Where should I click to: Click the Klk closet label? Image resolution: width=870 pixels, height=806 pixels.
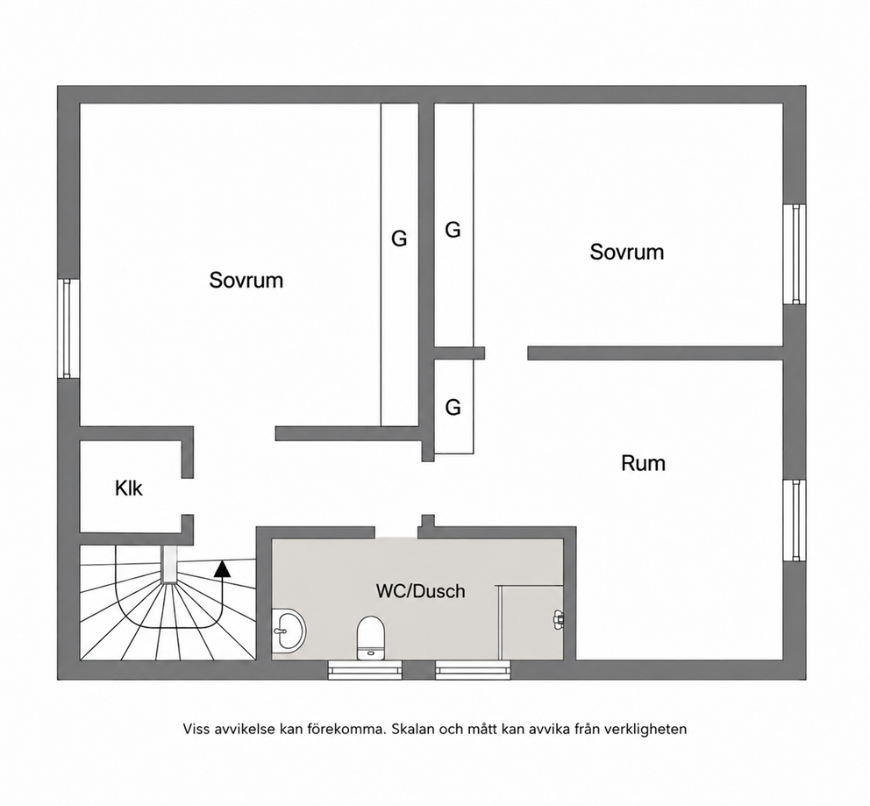click(129, 489)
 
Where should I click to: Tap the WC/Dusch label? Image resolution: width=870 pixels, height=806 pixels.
click(421, 591)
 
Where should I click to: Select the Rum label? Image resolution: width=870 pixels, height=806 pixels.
click(643, 463)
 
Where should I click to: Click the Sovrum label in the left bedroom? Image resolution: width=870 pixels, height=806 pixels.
click(246, 280)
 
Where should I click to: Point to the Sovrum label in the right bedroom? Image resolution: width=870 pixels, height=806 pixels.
click(626, 252)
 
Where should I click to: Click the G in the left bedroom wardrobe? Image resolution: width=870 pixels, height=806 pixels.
click(399, 239)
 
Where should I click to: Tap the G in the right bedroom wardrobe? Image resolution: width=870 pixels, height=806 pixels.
click(453, 230)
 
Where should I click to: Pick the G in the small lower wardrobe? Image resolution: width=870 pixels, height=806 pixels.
click(453, 408)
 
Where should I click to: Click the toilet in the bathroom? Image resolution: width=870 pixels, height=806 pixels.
click(370, 638)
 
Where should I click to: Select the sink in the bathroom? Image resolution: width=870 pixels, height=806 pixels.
click(289, 631)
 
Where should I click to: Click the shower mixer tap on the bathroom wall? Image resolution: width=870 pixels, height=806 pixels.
click(558, 618)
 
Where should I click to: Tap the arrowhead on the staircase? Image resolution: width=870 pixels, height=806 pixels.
click(223, 568)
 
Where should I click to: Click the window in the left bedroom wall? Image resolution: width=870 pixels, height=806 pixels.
click(68, 328)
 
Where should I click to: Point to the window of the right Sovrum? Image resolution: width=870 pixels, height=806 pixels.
click(795, 254)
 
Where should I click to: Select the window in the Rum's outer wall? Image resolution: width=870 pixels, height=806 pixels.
click(795, 520)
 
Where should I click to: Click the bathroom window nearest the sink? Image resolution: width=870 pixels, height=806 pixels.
click(365, 669)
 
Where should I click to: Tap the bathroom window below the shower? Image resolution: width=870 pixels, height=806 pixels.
click(473, 669)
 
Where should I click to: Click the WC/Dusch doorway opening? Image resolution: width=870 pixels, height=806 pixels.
click(396, 532)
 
